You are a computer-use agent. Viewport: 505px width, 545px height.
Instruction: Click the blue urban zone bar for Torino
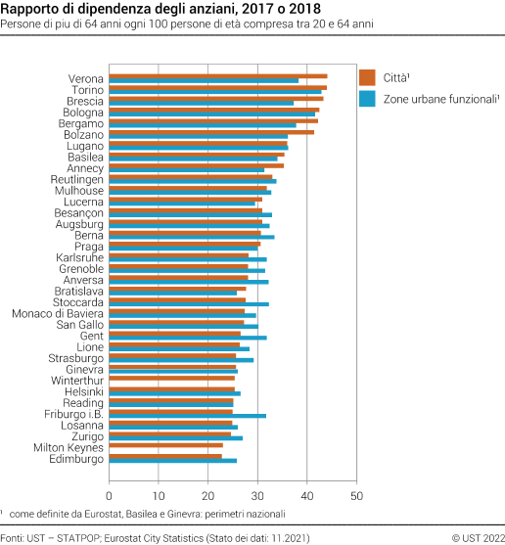pyautogui.click(x=214, y=92)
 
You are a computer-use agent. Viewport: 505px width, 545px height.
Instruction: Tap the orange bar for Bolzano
pyautogui.click(x=210, y=131)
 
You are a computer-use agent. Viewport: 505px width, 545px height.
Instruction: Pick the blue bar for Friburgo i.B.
pyautogui.click(x=187, y=416)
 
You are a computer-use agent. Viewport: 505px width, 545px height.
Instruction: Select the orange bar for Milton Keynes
pyautogui.click(x=165, y=445)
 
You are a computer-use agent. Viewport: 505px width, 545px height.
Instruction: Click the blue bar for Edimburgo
pyautogui.click(x=172, y=461)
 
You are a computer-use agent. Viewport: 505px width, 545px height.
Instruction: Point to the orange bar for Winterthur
pyautogui.click(x=171, y=378)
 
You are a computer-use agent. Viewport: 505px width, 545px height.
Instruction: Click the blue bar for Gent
pyautogui.click(x=187, y=338)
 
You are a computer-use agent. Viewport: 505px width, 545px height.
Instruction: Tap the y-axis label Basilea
pyautogui.click(x=86, y=157)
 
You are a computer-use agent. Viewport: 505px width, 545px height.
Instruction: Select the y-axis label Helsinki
pyautogui.click(x=85, y=391)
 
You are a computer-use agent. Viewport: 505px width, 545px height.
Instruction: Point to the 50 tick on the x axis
pyautogui.click(x=356, y=482)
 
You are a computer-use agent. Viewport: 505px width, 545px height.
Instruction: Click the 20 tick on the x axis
pyautogui.click(x=208, y=482)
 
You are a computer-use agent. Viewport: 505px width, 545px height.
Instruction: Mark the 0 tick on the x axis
pyautogui.click(x=110, y=482)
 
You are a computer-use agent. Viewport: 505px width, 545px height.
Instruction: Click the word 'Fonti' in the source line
pyautogui.click(x=14, y=536)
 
